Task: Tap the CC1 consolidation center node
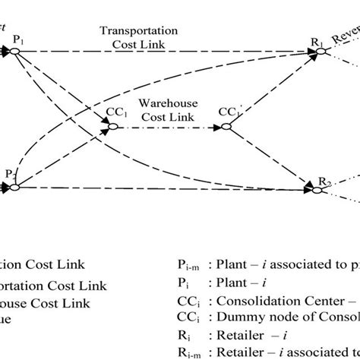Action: (x=112, y=127)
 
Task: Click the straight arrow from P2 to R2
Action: (x=167, y=185)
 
